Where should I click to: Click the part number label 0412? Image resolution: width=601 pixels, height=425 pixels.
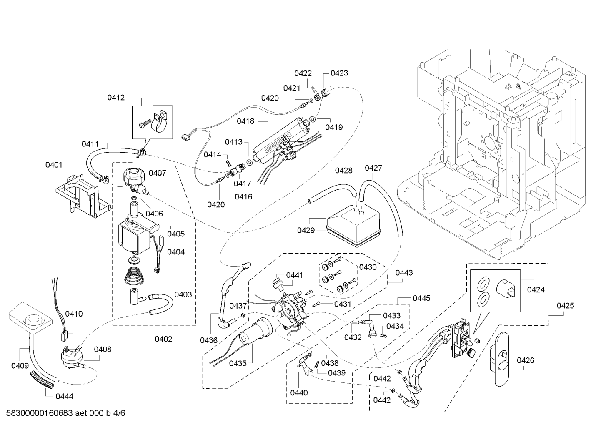(116, 98)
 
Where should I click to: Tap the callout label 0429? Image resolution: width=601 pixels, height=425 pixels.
(306, 230)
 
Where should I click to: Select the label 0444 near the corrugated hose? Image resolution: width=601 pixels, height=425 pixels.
(64, 396)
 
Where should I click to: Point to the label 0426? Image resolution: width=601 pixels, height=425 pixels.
(526, 360)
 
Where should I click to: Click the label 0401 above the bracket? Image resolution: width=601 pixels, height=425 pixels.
(54, 165)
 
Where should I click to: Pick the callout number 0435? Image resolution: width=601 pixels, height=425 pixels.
(238, 364)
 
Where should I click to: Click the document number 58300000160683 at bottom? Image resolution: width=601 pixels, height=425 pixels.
(39, 413)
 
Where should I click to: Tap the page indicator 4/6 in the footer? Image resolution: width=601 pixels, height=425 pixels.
(119, 413)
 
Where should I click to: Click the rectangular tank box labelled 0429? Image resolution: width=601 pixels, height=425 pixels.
(353, 229)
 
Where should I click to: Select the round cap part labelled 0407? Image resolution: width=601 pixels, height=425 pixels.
(133, 177)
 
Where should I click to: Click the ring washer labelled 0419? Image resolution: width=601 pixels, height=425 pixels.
(313, 118)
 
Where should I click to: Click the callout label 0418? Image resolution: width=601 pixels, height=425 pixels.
(245, 121)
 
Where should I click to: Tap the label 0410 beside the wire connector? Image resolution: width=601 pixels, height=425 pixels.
(74, 314)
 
